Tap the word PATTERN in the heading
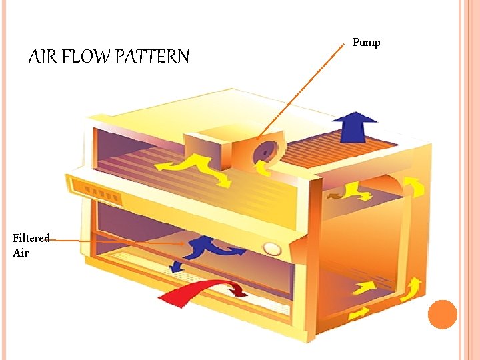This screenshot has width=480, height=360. pos(151,57)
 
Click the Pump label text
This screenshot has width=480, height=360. pos(366,43)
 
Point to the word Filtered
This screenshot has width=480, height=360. pos(31,239)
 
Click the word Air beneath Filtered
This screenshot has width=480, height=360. pos(21,253)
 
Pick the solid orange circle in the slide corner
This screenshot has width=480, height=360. pos(442,314)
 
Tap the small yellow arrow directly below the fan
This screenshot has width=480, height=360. pos(265,171)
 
